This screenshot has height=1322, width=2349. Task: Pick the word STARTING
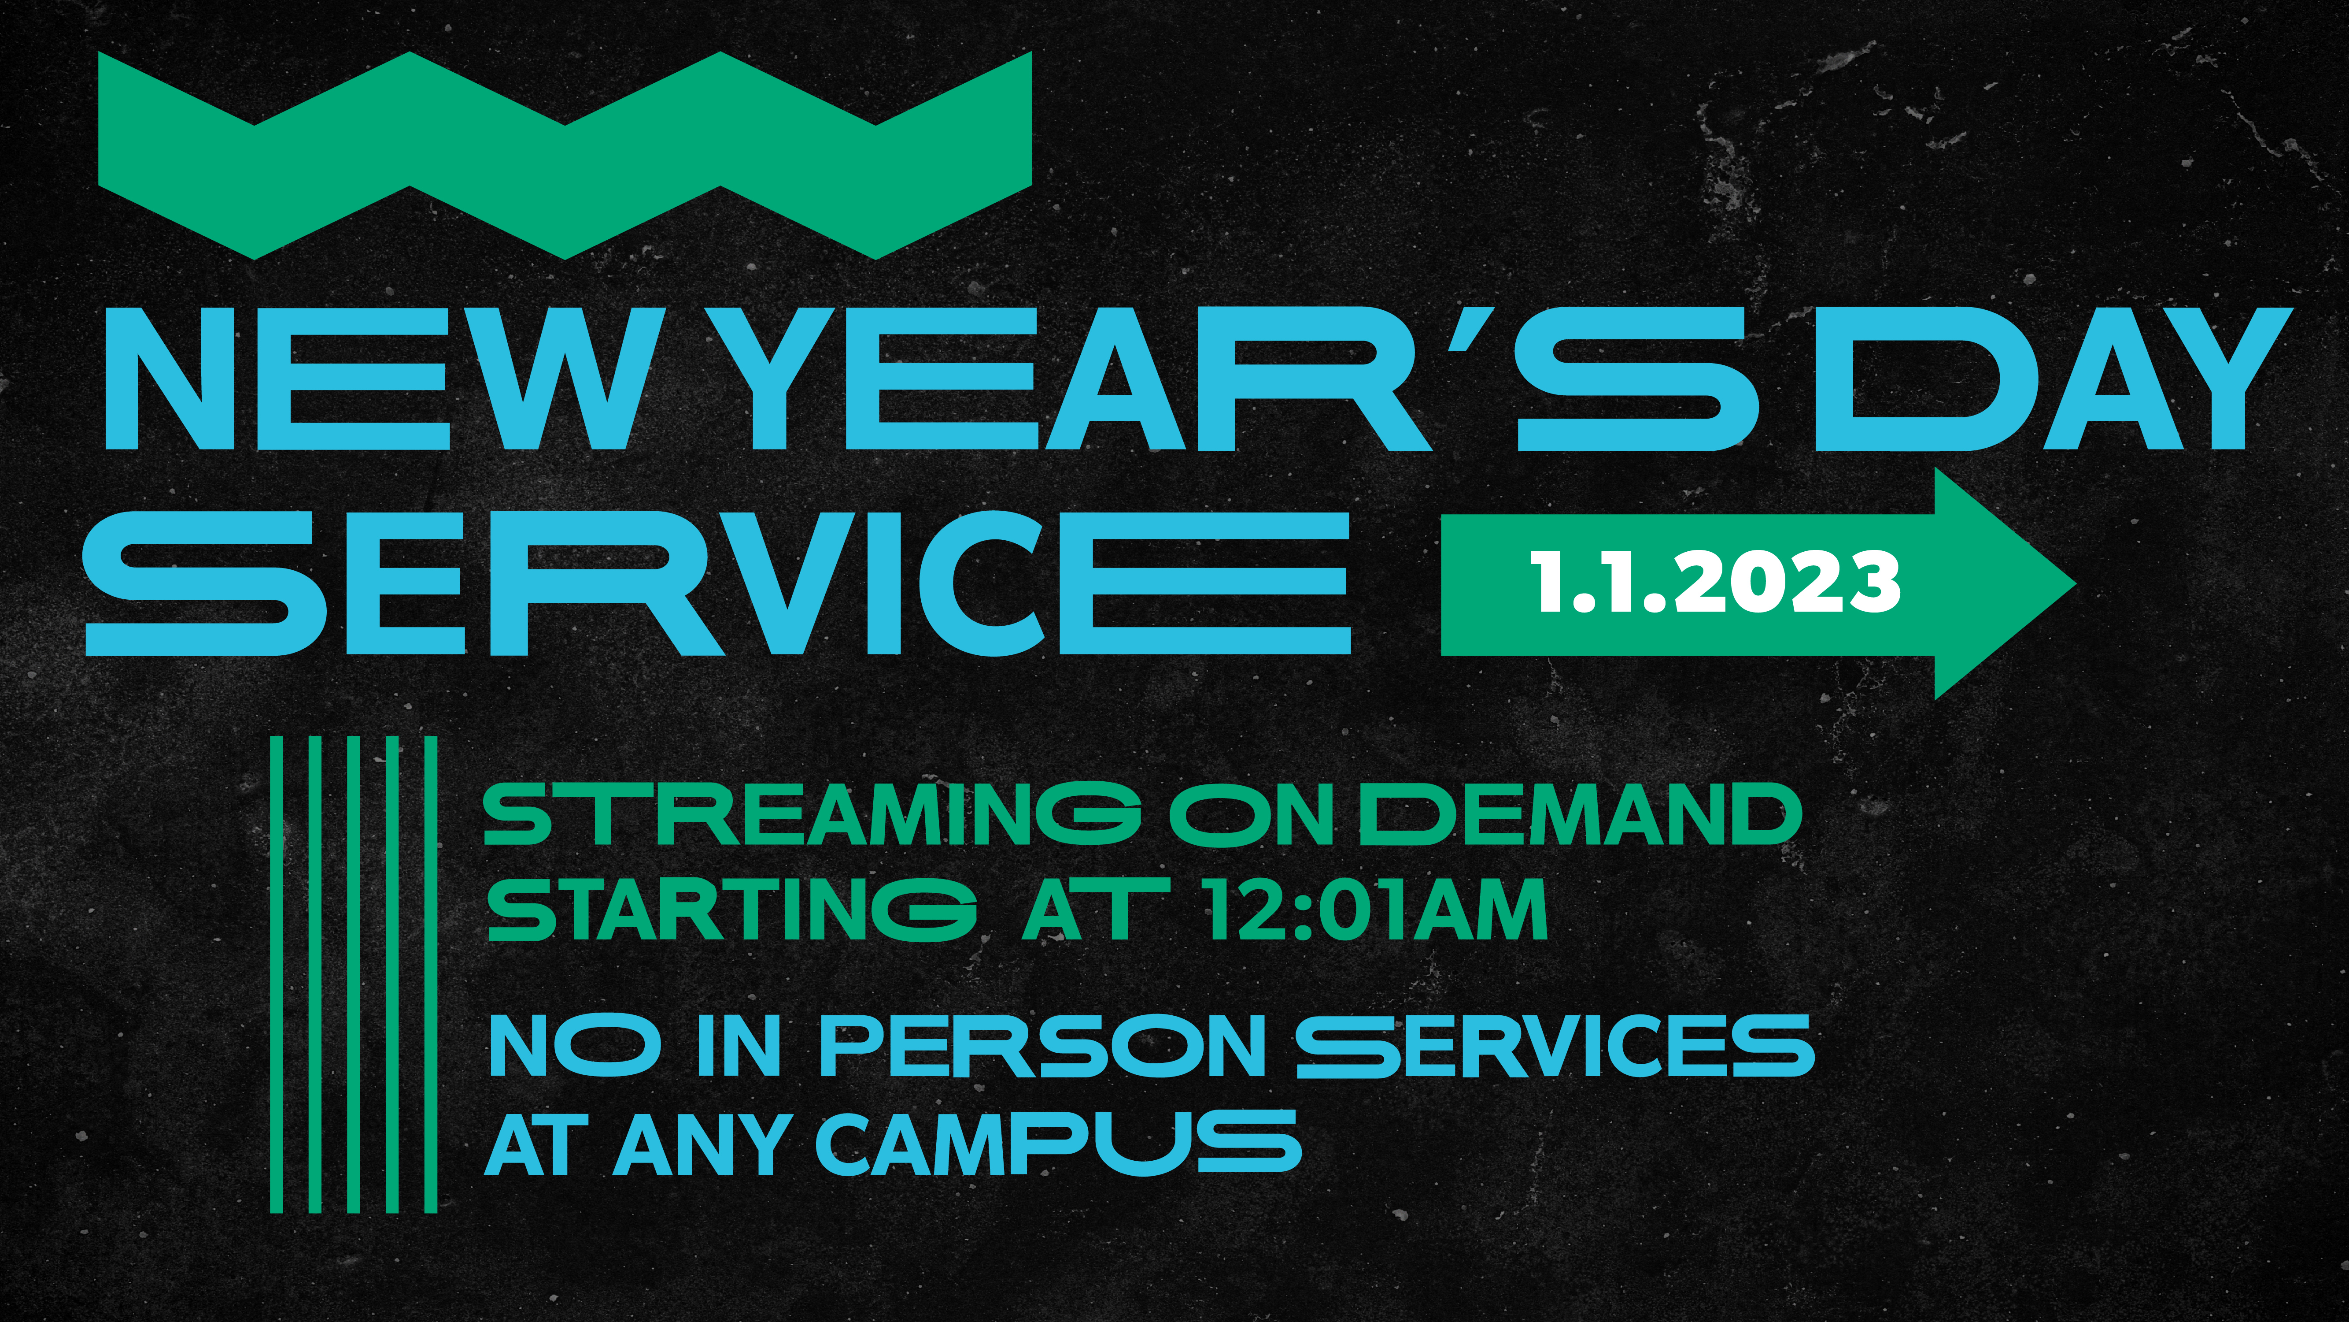732,910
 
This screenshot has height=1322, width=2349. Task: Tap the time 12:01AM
1375,910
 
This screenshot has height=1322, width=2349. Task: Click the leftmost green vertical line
276,974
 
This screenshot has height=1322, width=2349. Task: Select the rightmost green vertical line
430,974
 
